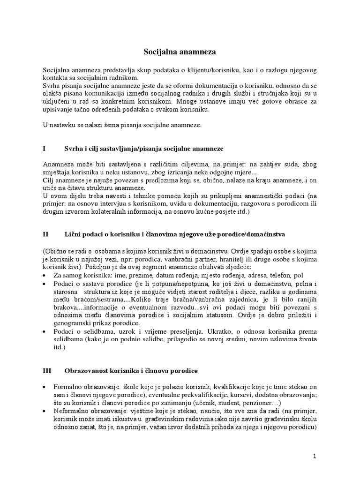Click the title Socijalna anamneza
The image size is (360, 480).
[180, 53]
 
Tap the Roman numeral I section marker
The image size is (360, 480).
[44, 148]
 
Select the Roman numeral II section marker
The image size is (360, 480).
[45, 233]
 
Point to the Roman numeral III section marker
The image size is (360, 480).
[46, 370]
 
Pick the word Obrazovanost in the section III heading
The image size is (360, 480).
[86, 370]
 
